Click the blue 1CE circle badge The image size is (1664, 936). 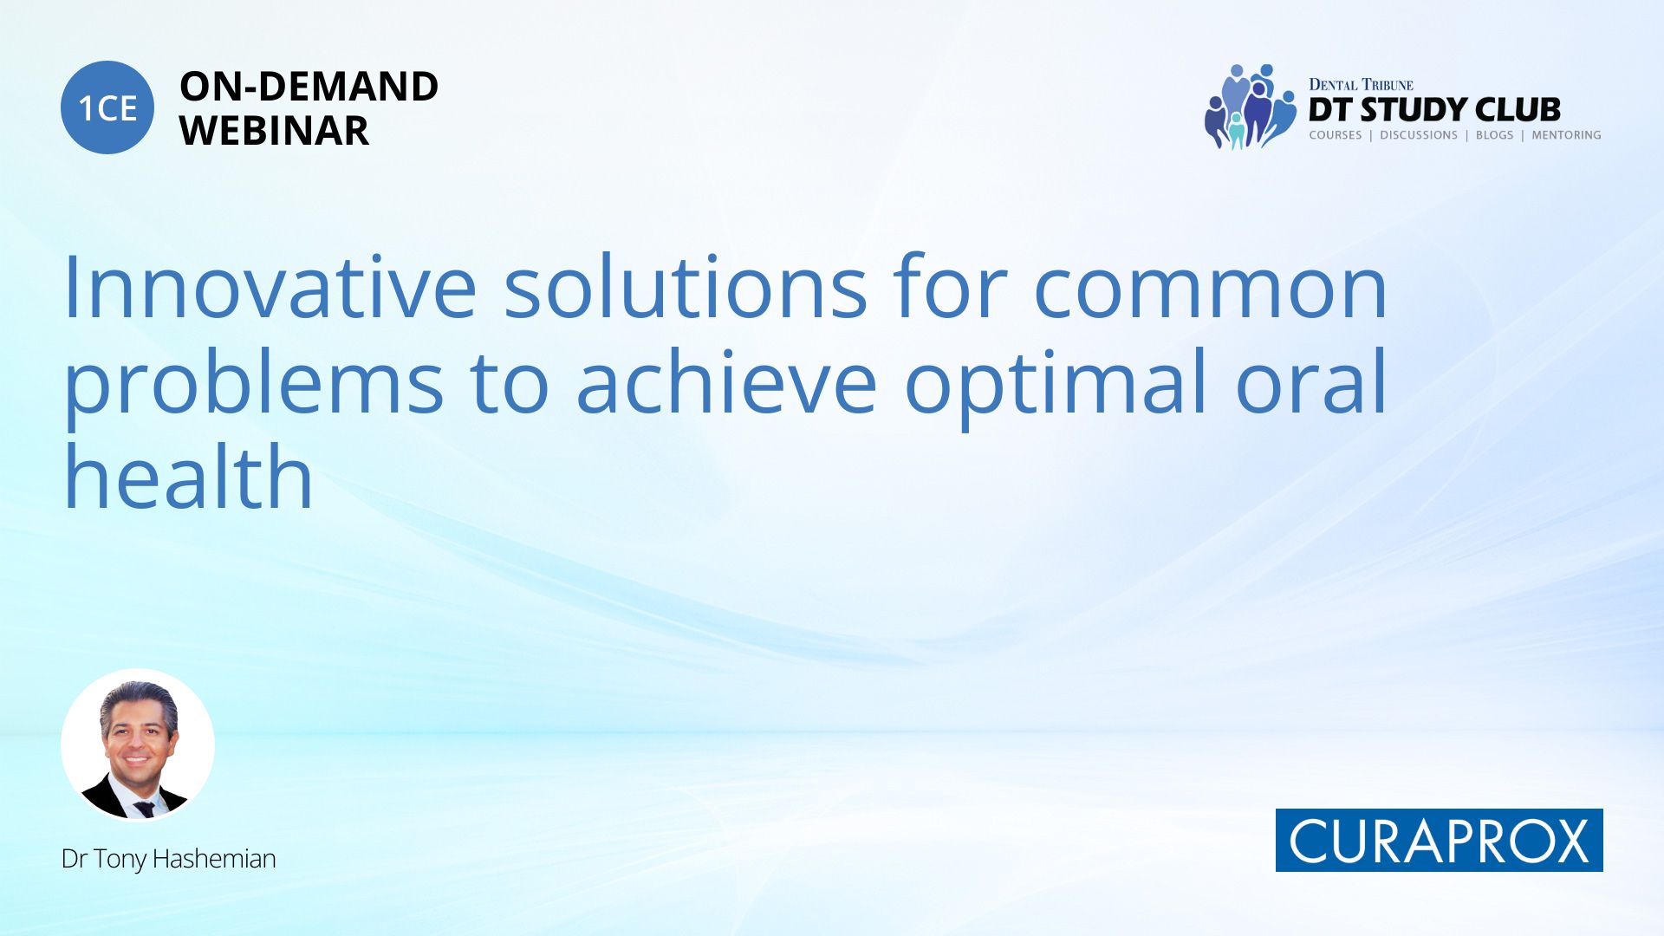point(107,107)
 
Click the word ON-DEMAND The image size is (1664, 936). point(309,87)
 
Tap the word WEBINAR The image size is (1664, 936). point(274,131)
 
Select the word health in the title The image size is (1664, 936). point(188,475)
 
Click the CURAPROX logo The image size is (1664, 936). point(1440,840)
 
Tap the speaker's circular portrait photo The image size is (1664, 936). point(138,745)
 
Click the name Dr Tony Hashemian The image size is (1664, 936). point(169,859)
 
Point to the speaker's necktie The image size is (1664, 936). point(144,809)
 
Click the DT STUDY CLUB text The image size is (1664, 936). point(1434,109)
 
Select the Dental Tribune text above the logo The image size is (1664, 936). point(1361,85)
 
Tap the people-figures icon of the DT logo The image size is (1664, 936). point(1250,107)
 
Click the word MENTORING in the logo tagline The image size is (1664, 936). point(1566,135)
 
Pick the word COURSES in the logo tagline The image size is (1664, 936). point(1336,135)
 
